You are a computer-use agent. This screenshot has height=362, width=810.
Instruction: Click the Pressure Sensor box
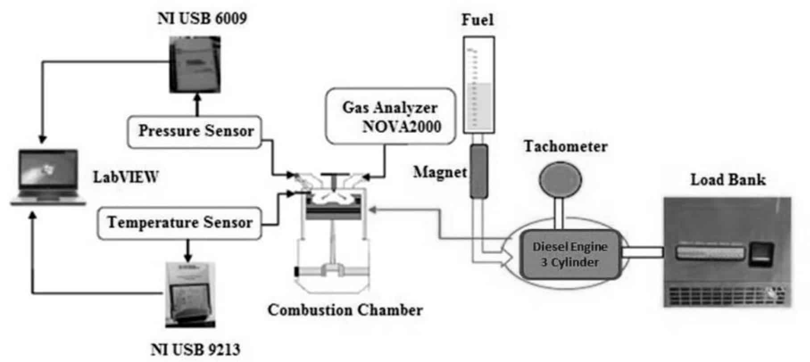(x=194, y=132)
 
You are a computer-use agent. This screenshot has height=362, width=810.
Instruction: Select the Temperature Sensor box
(x=179, y=222)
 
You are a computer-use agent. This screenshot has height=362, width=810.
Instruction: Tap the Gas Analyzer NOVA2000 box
(x=391, y=116)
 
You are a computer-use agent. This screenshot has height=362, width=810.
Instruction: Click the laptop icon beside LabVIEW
(x=48, y=177)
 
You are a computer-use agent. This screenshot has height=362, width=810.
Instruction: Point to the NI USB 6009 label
(x=202, y=18)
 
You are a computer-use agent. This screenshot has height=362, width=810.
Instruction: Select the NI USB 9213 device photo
(x=190, y=295)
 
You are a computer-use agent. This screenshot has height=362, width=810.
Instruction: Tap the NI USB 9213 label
(x=195, y=350)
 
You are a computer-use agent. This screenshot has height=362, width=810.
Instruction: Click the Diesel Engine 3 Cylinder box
(x=570, y=254)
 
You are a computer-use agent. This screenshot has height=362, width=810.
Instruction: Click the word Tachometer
(x=565, y=147)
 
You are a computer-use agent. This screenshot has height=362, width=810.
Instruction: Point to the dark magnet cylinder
(x=478, y=171)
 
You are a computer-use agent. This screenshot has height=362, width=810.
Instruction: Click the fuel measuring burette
(x=478, y=85)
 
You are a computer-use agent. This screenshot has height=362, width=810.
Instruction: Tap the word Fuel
(x=477, y=20)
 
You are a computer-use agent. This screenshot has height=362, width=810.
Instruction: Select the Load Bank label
(x=728, y=180)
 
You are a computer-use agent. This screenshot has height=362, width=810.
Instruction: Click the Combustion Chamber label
(x=345, y=310)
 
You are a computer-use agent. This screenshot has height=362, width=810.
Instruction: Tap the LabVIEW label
(x=125, y=177)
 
